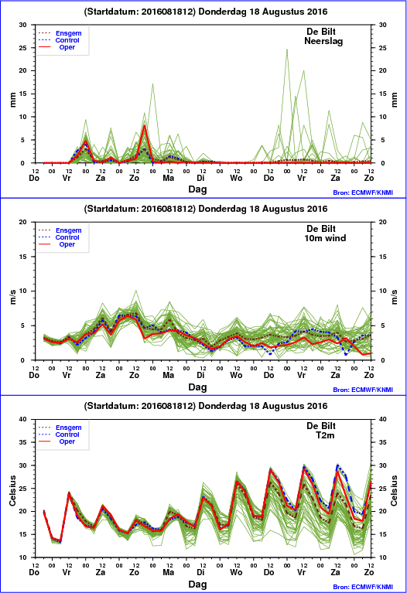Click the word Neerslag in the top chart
click(x=323, y=41)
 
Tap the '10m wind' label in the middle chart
click(x=325, y=238)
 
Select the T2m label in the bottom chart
click(x=325, y=435)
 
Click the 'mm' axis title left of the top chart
click(x=13, y=100)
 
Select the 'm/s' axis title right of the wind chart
click(x=394, y=297)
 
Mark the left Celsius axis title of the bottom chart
click(x=13, y=490)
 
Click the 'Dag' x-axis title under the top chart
click(x=197, y=189)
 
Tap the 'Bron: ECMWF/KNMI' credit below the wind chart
click(x=363, y=390)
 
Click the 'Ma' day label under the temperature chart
click(x=169, y=572)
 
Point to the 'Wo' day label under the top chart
click(x=236, y=178)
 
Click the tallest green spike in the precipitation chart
click(x=287, y=49)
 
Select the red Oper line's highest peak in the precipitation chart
click(x=144, y=125)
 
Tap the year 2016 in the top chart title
click(x=316, y=12)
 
